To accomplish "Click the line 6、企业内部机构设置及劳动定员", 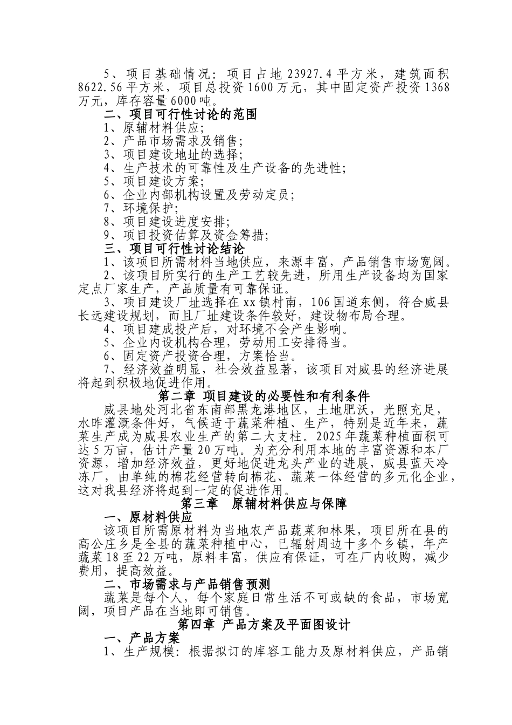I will tap(199, 195).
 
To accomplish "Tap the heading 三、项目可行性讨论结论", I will tap(174, 249).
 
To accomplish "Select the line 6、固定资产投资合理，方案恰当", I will tap(200, 356).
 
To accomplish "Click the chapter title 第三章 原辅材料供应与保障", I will tap(264, 504).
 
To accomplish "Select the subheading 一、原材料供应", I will tap(148, 517).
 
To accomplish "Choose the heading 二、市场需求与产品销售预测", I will tap(186, 584).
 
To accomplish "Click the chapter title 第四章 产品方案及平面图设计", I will tap(264, 625).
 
